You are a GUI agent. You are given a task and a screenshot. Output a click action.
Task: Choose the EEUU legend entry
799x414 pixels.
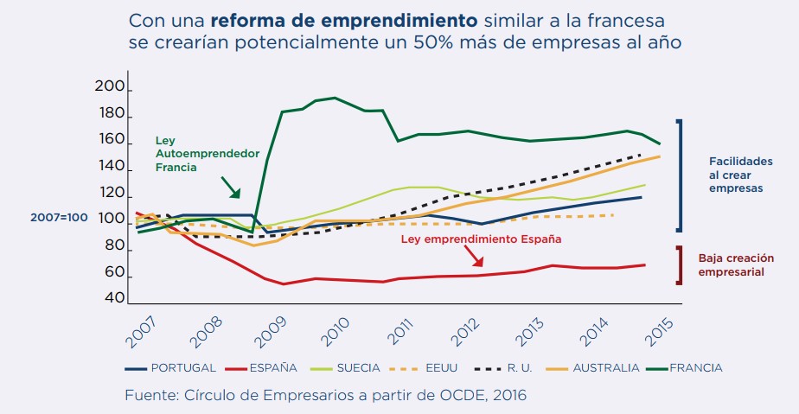click(437, 367)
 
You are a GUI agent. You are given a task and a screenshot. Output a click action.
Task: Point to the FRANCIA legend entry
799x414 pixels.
click(694, 367)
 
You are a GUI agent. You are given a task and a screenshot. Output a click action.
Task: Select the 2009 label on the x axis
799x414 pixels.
click(271, 327)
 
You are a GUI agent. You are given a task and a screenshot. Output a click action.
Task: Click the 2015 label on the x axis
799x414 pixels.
click(663, 327)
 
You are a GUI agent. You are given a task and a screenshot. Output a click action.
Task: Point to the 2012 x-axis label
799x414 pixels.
click(467, 327)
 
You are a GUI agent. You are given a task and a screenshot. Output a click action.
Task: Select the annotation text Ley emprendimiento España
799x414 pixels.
click(481, 239)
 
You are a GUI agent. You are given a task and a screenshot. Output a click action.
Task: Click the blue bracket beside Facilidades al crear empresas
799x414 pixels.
click(680, 175)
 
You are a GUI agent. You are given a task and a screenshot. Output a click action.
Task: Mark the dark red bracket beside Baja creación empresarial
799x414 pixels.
click(680, 265)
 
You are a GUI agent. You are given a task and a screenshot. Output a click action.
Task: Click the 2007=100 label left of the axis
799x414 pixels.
click(59, 218)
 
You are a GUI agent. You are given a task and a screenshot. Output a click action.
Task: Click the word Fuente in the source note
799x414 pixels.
click(149, 395)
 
